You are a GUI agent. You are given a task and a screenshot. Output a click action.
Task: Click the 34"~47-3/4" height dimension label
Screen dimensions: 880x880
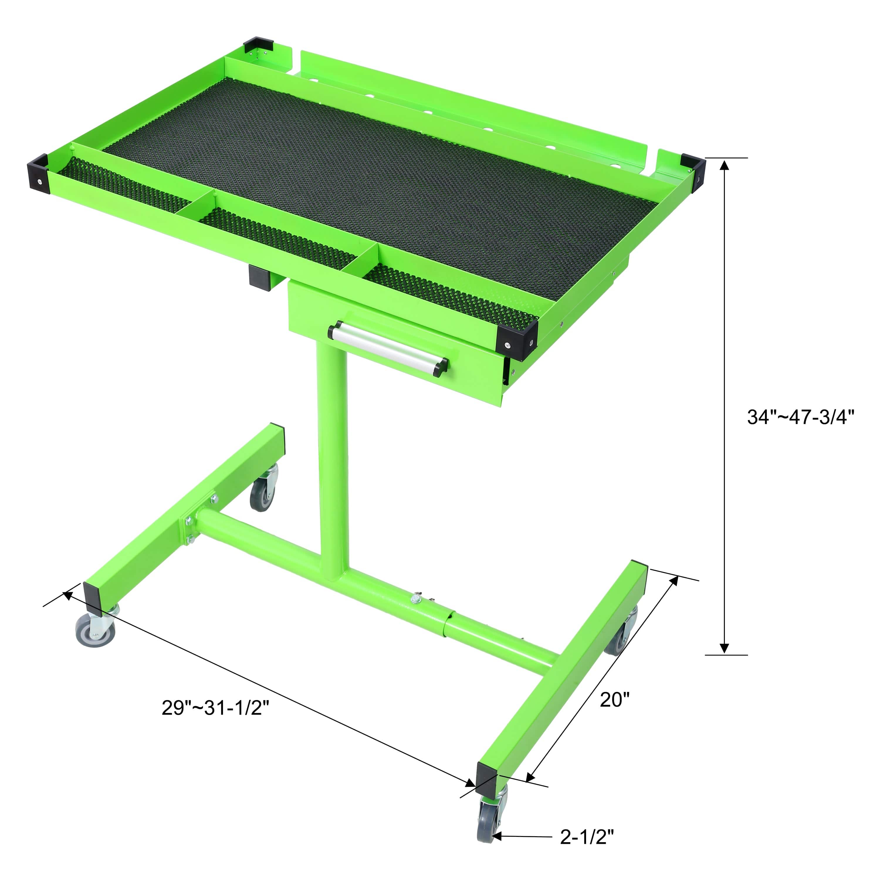click(x=800, y=417)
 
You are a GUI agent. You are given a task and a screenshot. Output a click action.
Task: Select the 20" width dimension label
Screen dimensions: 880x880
click(x=615, y=700)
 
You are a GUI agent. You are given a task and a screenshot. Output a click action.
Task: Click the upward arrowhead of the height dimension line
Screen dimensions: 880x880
click(x=724, y=164)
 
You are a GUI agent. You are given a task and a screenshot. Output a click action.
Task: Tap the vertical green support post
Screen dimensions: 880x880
click(x=333, y=456)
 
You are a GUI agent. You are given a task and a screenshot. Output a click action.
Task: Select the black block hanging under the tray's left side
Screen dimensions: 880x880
click(x=259, y=277)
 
